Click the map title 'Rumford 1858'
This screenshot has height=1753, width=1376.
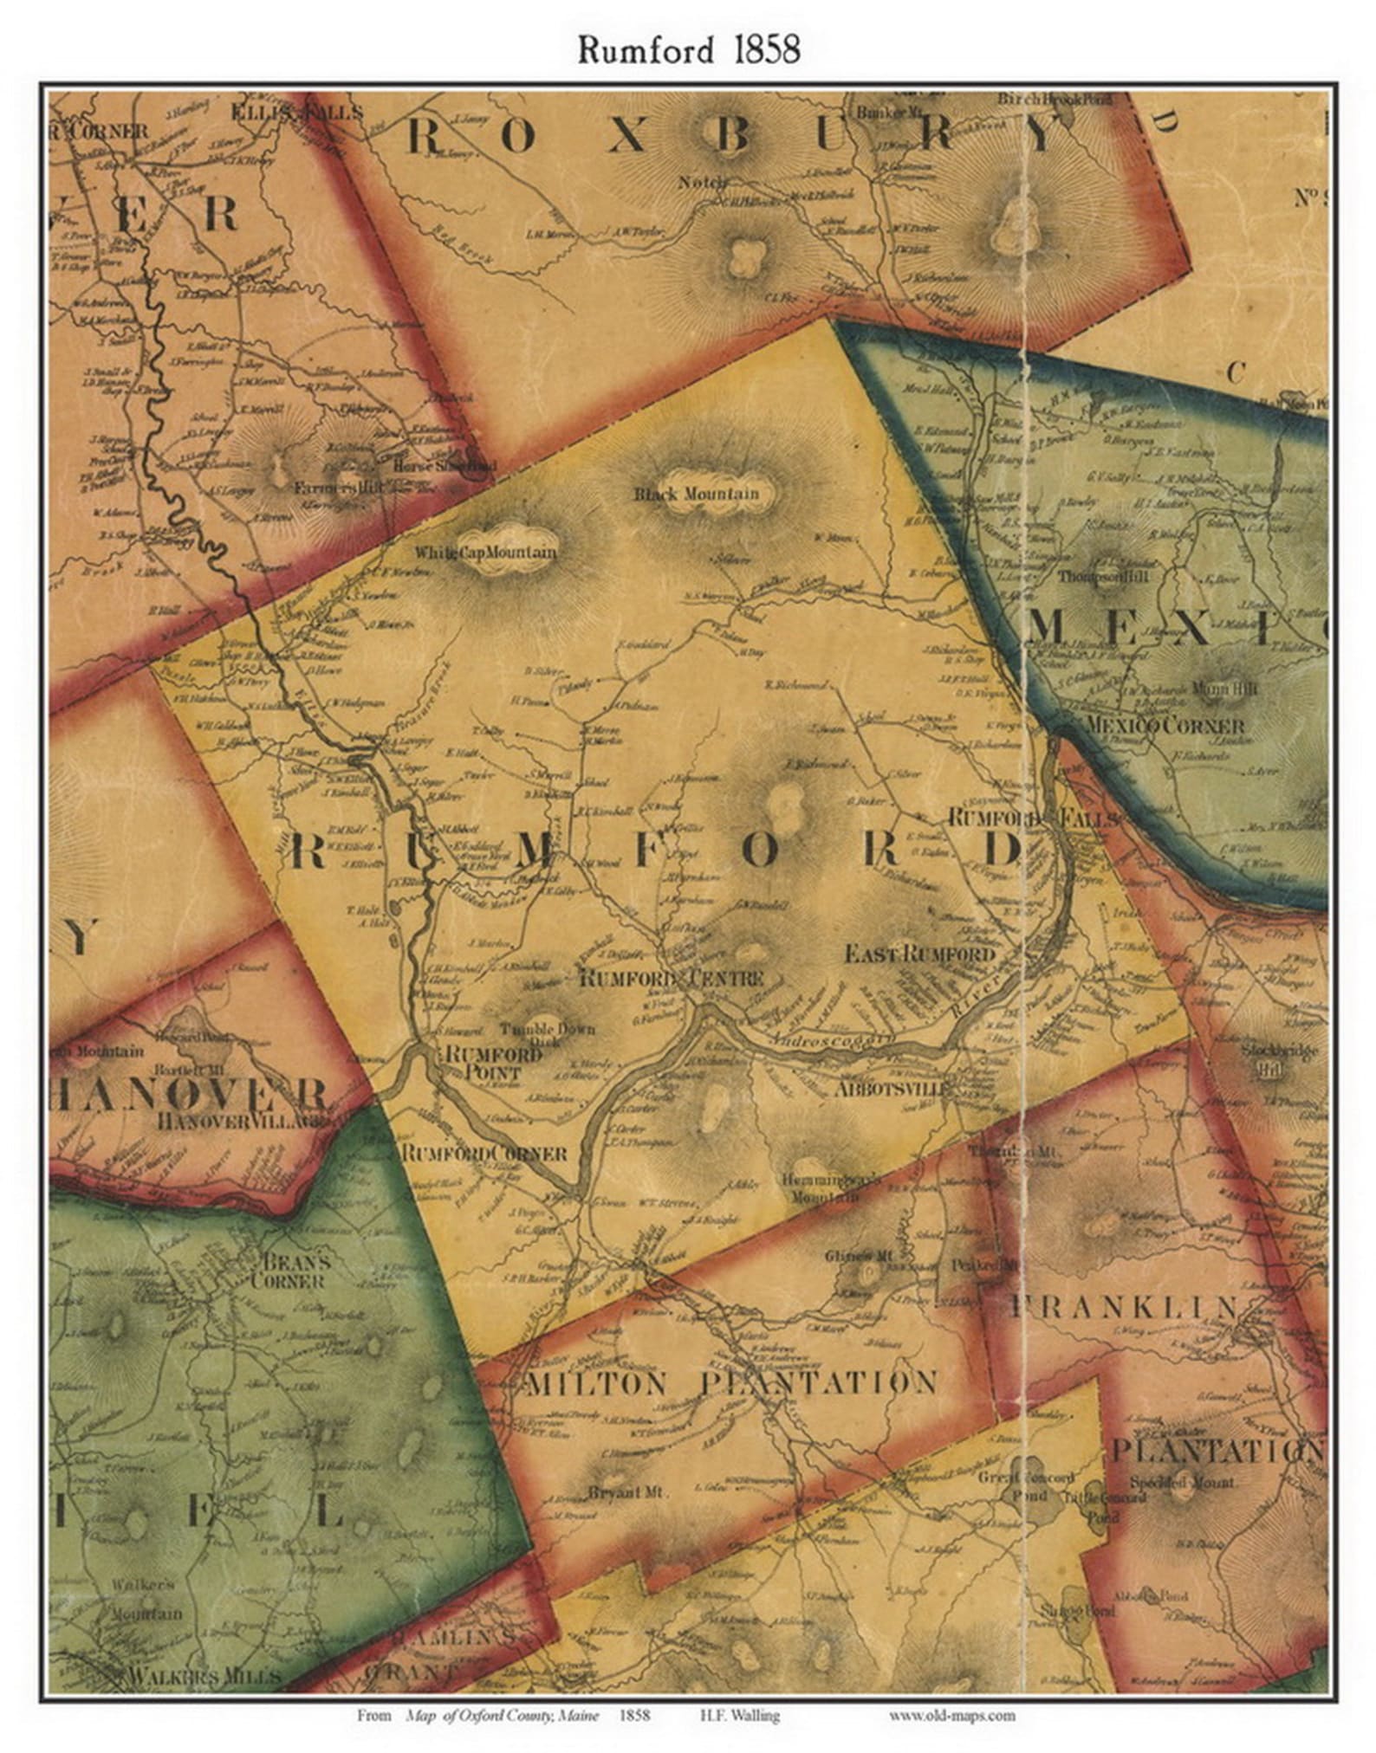[x=688, y=50]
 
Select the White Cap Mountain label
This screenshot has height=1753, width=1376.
[x=485, y=552]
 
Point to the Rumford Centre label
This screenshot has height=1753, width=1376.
[x=671, y=978]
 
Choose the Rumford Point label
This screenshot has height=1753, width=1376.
[x=480, y=1062]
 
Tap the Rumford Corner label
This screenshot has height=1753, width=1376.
[x=484, y=1154]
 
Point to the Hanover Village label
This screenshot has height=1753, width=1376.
[x=242, y=1120]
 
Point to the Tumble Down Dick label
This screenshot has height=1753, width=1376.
[x=548, y=1035]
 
